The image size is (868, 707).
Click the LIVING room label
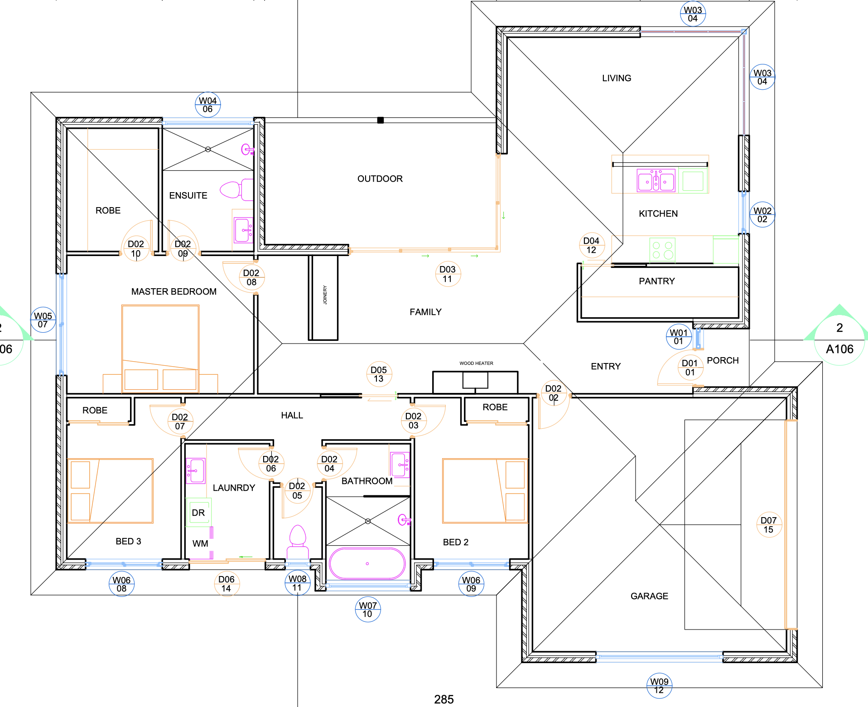point(616,78)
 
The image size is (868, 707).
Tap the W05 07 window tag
point(43,320)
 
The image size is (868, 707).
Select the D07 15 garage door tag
point(769,525)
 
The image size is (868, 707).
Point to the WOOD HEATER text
point(476,363)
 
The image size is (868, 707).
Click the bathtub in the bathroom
point(367,564)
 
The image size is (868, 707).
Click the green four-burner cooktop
point(662,250)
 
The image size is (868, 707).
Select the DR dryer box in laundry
point(198,513)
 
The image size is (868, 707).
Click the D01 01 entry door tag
point(690,368)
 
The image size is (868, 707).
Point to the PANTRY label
point(656,281)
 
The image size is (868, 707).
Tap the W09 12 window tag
point(659,686)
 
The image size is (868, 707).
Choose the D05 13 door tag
point(379,374)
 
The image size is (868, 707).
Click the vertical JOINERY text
point(325,295)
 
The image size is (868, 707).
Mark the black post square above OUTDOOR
point(381,120)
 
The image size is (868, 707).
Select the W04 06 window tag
point(208,105)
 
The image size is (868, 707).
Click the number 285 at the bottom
point(444,699)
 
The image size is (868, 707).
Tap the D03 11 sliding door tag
point(448,274)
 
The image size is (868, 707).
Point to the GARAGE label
point(649,596)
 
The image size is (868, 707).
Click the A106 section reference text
point(839,349)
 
